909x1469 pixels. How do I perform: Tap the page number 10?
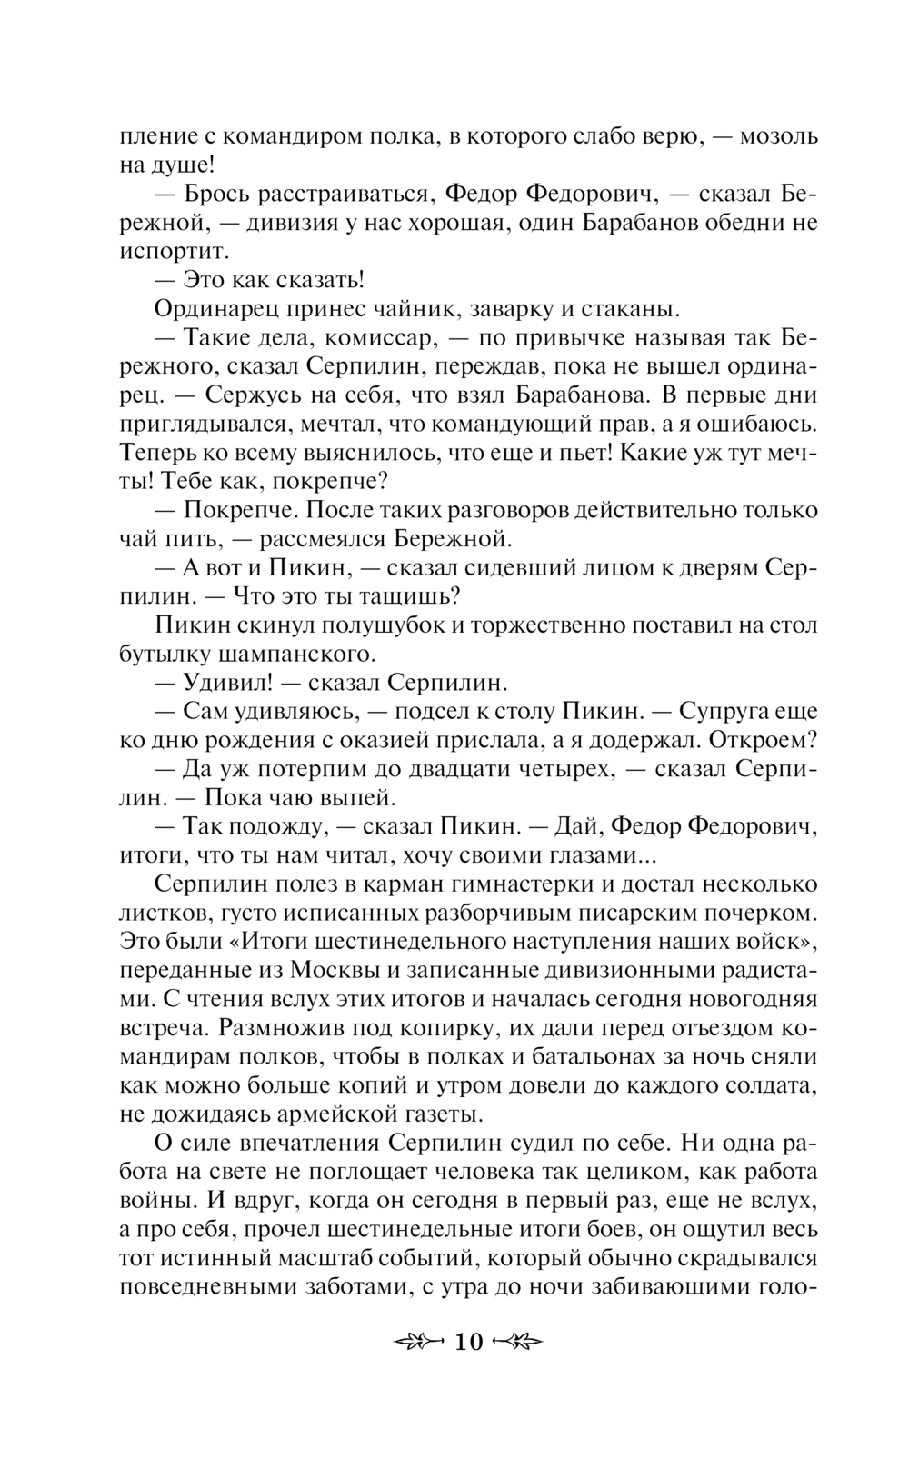pos(468,1342)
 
